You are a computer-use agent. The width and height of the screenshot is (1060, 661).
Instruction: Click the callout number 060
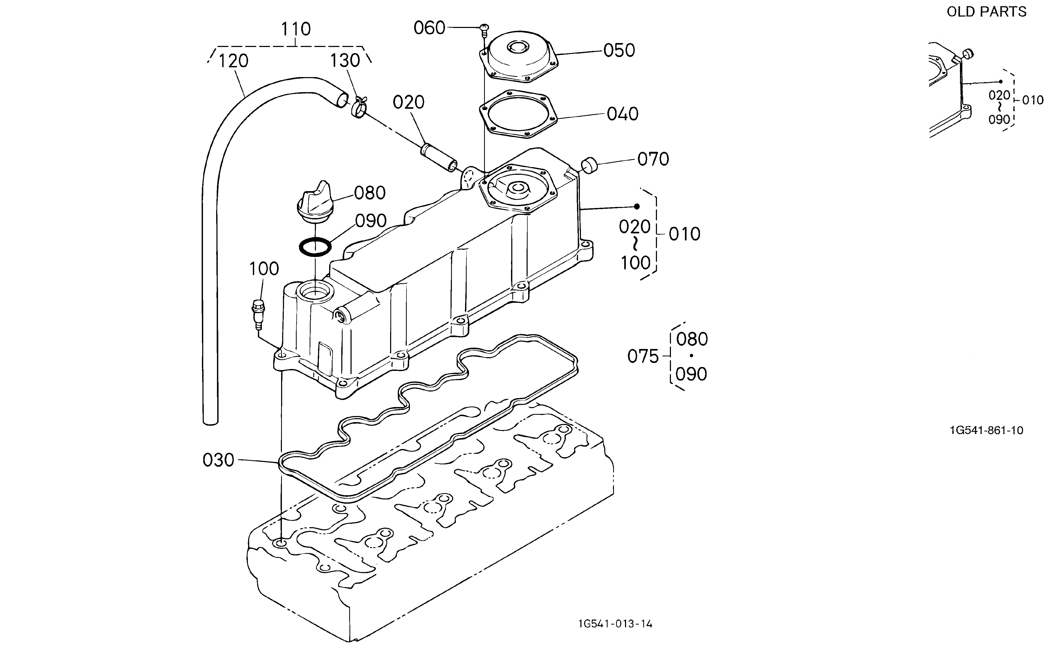429,28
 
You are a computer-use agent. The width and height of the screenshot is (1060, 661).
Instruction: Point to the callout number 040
622,114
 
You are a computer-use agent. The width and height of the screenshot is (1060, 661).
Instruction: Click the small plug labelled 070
589,166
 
